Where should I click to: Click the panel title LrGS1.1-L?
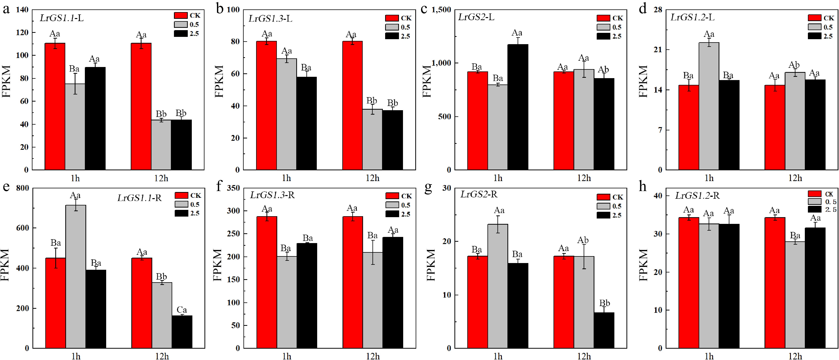[x=62, y=18]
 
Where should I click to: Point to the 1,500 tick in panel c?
[x=441, y=10]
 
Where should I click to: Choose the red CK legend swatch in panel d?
[x=814, y=18]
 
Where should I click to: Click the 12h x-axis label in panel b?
[x=372, y=178]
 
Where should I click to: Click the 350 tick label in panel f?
[x=233, y=188]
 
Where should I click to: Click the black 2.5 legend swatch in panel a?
[x=181, y=34]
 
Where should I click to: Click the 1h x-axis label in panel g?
[x=498, y=356]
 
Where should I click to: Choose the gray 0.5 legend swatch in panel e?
[x=181, y=204]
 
